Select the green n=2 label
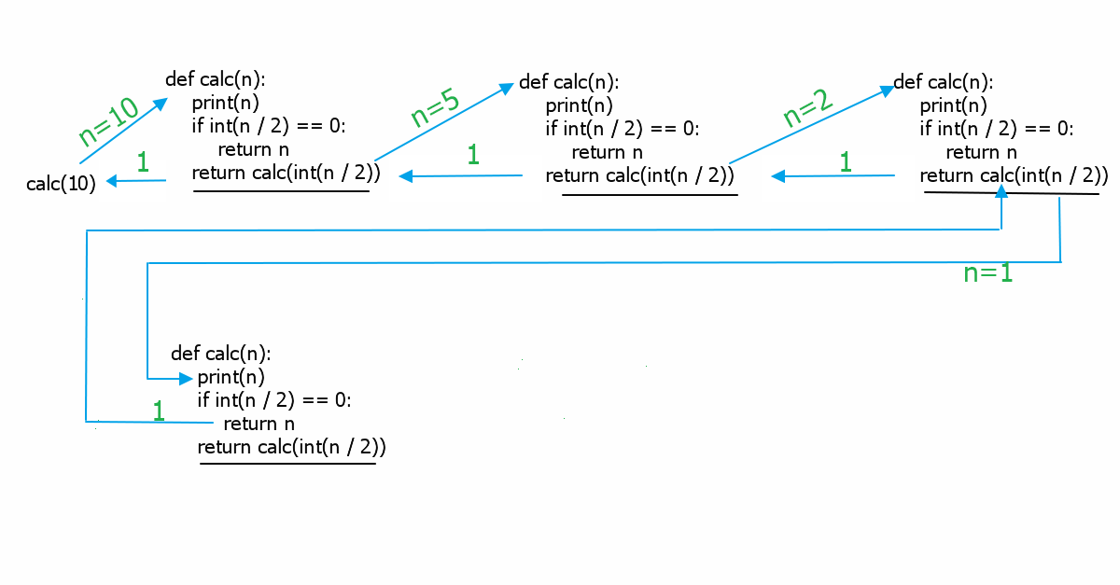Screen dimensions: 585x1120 808,109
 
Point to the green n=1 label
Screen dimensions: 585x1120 987,273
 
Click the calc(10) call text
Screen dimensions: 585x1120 62,184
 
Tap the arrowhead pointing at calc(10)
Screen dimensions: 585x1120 112,181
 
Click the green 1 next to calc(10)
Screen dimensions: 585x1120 143,162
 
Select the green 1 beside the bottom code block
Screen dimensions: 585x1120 158,411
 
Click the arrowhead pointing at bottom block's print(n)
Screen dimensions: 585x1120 186,379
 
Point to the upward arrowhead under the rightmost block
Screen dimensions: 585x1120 1001,191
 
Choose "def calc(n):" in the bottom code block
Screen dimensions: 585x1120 221,354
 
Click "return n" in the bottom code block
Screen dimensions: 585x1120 251,424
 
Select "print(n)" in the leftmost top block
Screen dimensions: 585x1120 226,103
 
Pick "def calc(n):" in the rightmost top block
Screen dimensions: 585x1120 944,82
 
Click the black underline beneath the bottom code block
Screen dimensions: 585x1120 287,463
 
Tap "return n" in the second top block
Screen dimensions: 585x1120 607,152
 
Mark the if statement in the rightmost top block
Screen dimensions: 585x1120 996,129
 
